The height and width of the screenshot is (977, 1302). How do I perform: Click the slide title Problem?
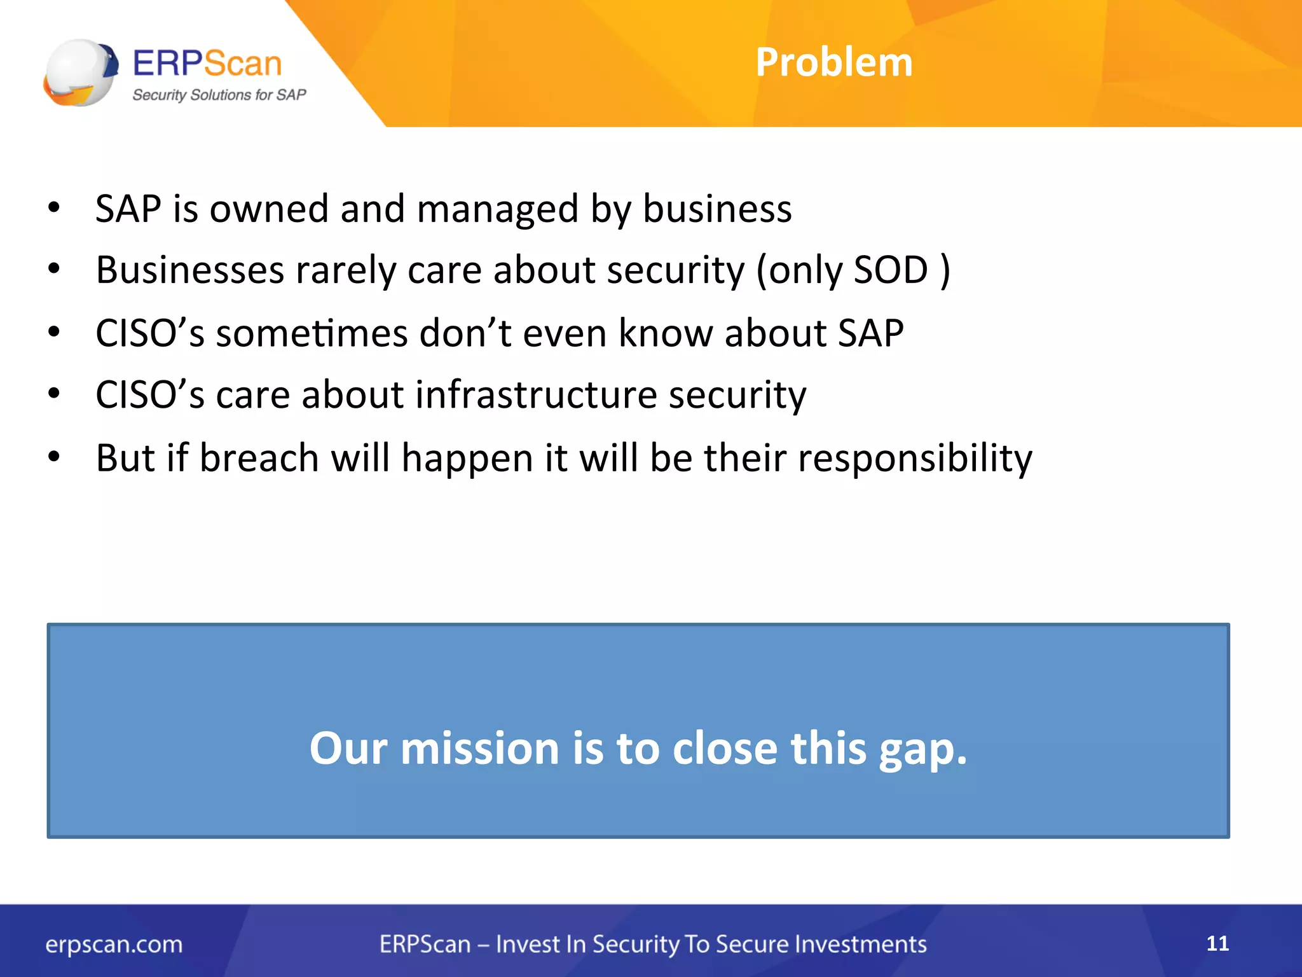pos(833,62)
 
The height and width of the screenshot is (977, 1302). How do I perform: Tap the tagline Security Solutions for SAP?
pos(219,95)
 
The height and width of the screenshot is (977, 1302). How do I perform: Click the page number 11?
pos(1217,943)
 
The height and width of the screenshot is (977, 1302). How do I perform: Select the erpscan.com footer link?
pos(114,945)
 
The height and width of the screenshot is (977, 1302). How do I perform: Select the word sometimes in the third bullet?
pos(311,333)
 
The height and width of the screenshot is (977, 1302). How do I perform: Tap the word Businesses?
pos(189,270)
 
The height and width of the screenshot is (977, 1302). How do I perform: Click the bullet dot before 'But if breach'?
pos(54,456)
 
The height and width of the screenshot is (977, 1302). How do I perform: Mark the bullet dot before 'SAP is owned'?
pos(54,207)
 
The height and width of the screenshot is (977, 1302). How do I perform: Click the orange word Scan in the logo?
pos(242,64)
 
